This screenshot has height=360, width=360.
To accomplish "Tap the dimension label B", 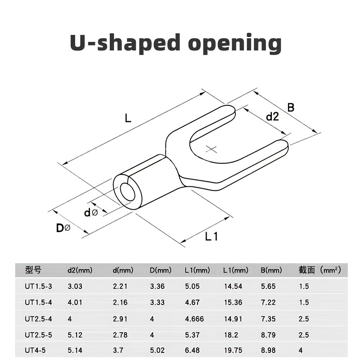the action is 291,107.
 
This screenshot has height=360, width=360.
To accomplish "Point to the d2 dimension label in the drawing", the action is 272,117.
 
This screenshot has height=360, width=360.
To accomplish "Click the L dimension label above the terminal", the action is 128,118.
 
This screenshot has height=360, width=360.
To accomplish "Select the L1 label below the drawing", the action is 211,236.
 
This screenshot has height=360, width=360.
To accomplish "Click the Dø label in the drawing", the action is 63,228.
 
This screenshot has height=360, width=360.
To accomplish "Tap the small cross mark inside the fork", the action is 211,149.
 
